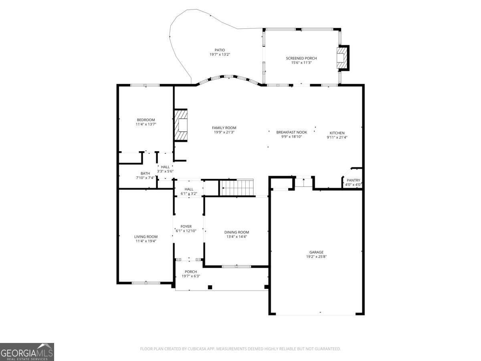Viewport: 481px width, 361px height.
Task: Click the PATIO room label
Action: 220,50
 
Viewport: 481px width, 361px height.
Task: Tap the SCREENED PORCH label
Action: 301,58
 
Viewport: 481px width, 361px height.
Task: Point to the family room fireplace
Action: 181,125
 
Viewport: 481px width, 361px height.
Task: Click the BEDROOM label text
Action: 146,120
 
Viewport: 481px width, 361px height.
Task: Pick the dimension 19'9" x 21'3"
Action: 224,132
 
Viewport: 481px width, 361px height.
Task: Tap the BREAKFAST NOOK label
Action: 291,132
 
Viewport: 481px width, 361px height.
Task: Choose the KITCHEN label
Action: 337,133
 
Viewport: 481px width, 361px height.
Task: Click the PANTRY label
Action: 353,180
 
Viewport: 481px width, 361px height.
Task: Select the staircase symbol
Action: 237,187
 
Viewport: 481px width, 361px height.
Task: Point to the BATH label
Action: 145,173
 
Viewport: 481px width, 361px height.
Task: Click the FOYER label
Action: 186,226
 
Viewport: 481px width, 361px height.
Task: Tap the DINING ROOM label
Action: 236,232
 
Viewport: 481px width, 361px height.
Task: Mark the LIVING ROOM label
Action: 146,237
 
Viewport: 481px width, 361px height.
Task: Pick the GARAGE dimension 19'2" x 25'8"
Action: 316,257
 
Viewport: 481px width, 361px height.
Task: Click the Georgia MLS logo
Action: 27,352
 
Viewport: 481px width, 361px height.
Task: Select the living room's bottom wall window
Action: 146,283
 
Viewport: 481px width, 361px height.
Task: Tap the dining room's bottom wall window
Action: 236,266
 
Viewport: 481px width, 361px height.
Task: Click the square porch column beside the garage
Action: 267,287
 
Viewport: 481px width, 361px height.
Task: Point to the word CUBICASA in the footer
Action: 196,349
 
